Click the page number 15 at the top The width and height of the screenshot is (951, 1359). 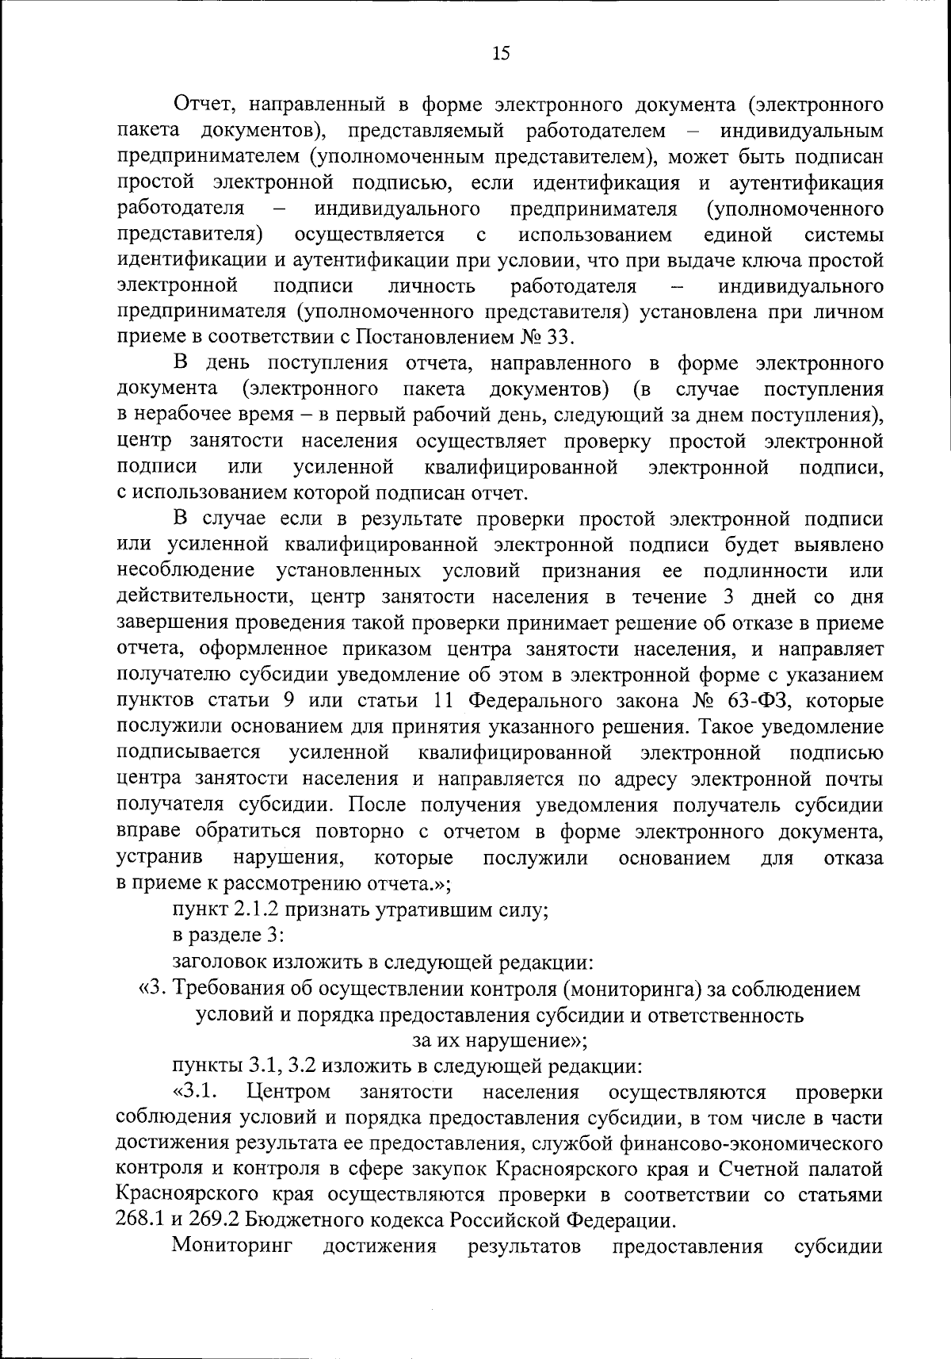point(501,53)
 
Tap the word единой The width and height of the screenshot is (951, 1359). point(737,235)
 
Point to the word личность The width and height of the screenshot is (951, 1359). point(432,285)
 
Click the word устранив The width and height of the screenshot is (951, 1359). point(158,857)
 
